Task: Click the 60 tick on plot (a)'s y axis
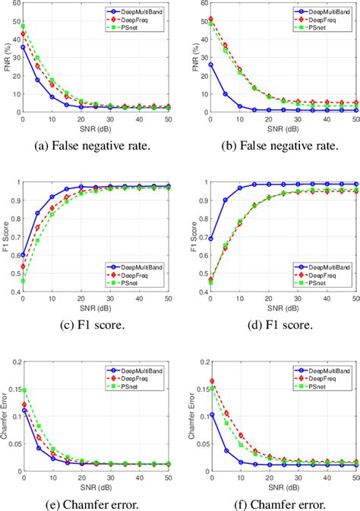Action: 14,4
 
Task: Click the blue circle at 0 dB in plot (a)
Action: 23,47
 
